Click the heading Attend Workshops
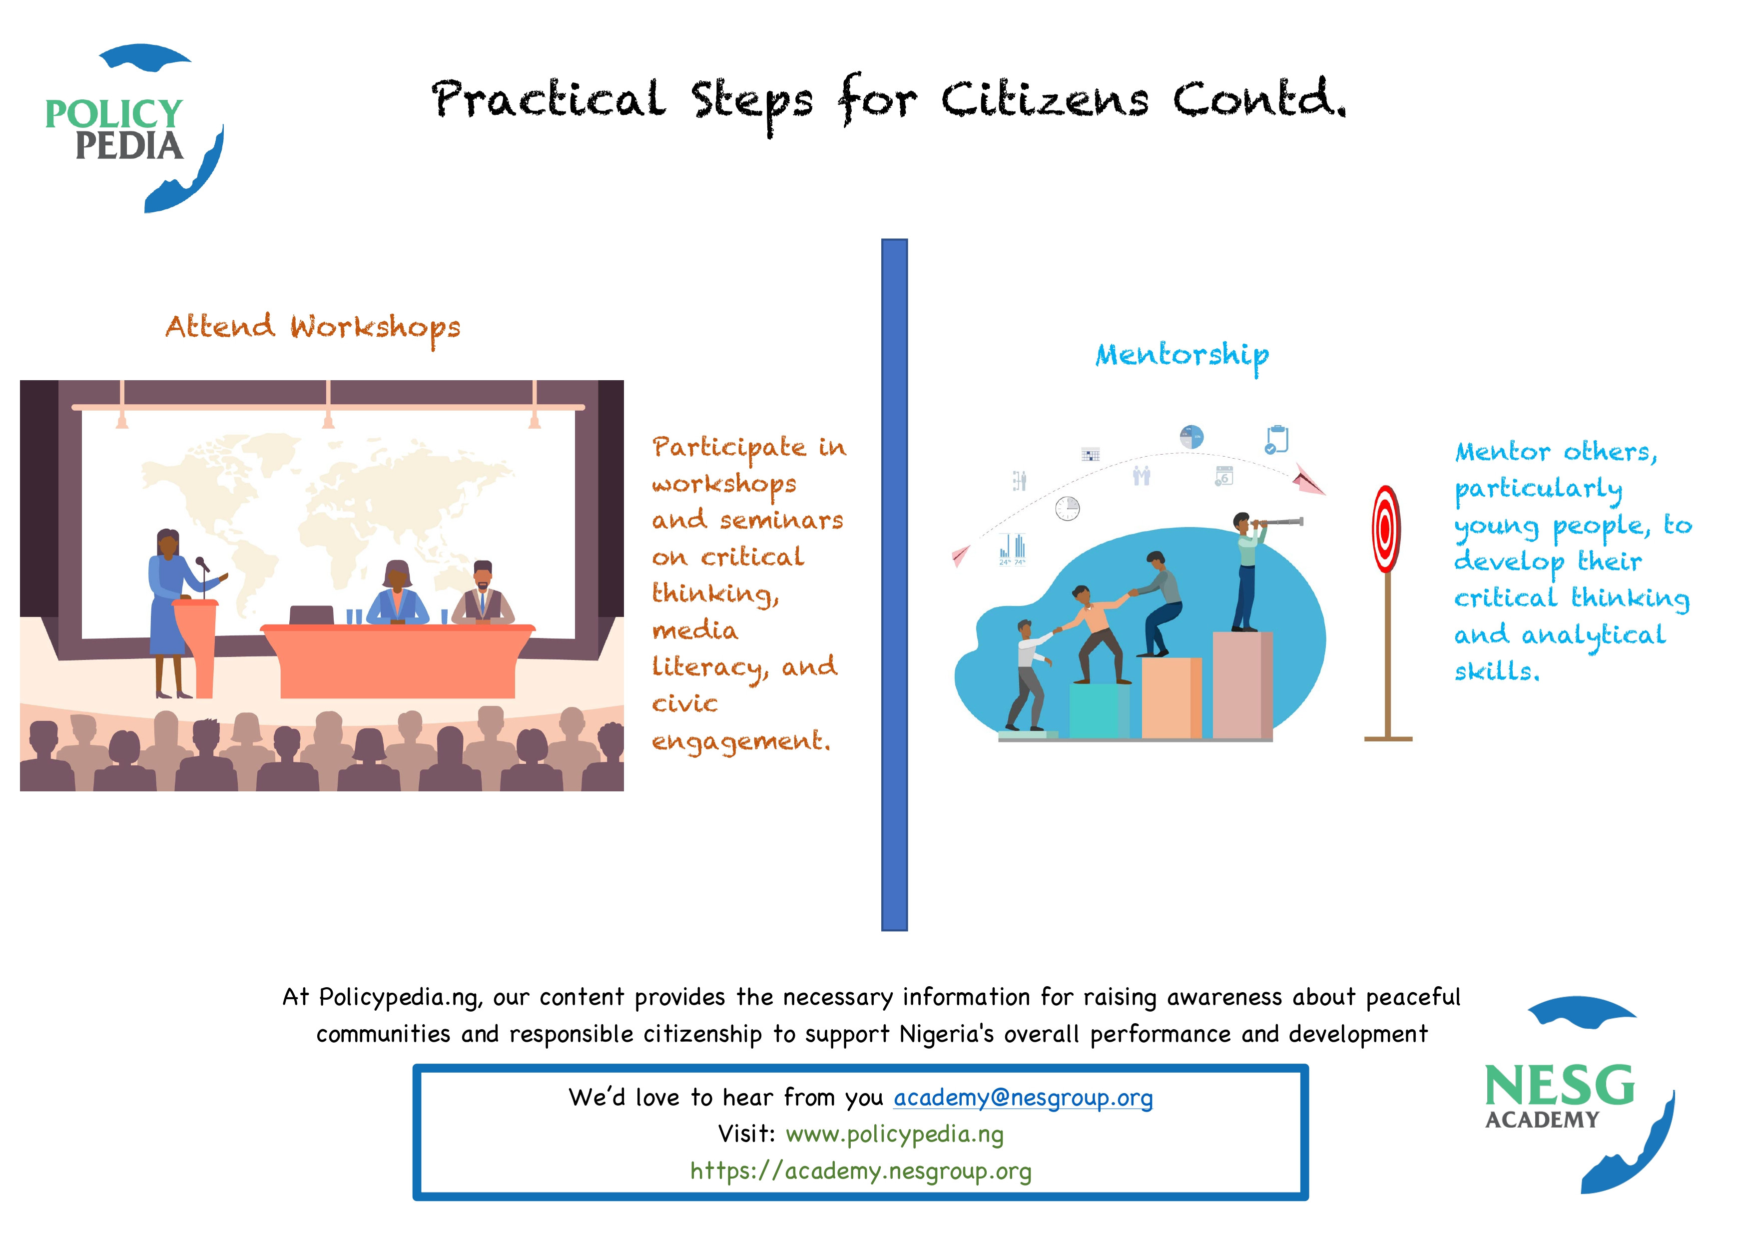click(313, 328)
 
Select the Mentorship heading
click(1182, 356)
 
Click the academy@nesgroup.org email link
click(1023, 1098)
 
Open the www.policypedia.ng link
click(895, 1135)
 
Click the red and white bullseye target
click(1386, 530)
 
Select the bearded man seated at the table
click(483, 594)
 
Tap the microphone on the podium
click(202, 566)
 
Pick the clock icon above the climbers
click(1068, 509)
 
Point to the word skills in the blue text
click(1496, 672)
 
